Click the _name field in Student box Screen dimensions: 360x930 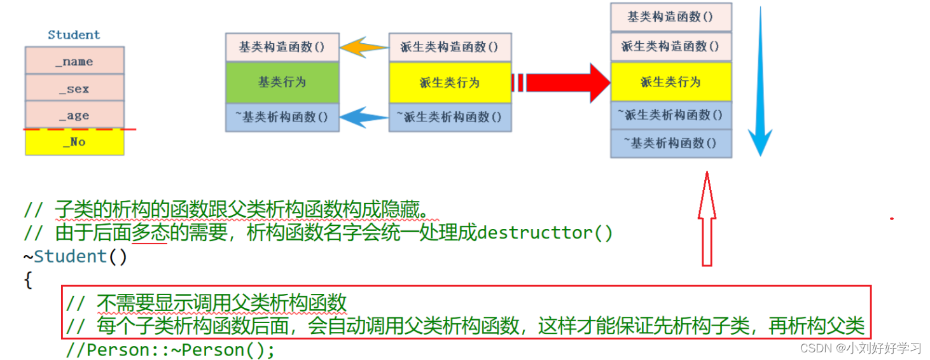74,61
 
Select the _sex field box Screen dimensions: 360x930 74,88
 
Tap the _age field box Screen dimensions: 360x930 74,115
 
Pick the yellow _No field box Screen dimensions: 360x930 74,142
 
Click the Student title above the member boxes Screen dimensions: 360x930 74,35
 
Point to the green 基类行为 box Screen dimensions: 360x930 281,82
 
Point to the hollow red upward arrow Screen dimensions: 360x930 707,219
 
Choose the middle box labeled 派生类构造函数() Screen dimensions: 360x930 450,47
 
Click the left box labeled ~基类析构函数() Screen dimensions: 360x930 281,117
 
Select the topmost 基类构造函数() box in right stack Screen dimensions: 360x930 670,17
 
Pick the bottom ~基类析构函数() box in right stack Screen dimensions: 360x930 670,143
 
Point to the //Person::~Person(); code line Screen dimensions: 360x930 170,350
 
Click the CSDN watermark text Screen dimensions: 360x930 860,348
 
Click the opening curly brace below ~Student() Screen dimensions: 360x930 28,280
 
